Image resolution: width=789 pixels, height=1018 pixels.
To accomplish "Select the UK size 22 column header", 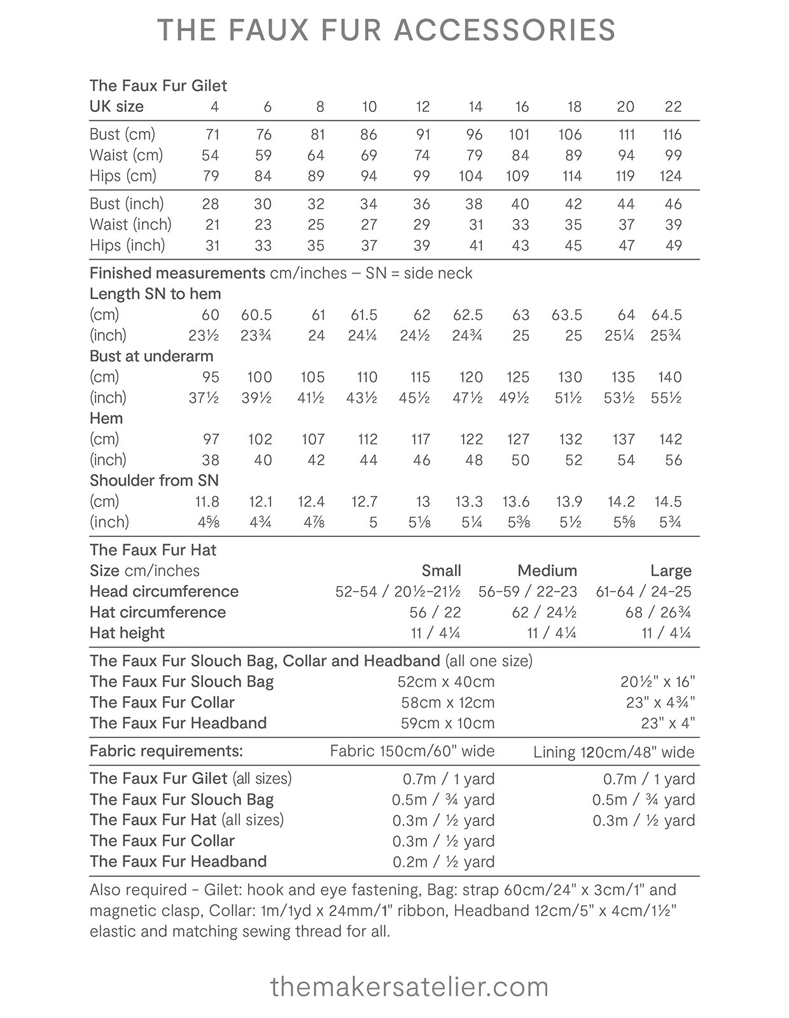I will pos(673,107).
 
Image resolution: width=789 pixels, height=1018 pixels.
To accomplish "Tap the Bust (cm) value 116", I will pos(672,134).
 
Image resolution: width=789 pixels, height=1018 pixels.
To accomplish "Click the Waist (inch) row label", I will pos(130,225).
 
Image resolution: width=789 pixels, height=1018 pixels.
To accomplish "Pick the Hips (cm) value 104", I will pos(470,176).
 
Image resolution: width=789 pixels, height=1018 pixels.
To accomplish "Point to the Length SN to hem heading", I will pos(155,294).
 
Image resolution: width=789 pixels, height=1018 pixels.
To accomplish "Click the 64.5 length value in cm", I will pos(666,315).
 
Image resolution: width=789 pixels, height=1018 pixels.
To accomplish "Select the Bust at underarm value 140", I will pos(670,377).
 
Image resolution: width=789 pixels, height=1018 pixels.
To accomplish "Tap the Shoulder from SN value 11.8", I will pos(207,502).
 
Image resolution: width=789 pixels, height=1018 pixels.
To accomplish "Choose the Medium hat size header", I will pos(547,571).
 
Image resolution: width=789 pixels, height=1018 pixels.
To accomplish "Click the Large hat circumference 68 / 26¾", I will pos(658,613).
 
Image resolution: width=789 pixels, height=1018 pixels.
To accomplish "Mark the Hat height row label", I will pos(127,633).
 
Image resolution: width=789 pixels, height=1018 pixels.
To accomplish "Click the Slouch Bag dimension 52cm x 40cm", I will pos(446,682).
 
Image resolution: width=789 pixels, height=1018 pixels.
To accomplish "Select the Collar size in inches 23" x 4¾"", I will pos(660,703).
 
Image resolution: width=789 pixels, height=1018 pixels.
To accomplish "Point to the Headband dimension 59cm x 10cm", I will pos(447,723).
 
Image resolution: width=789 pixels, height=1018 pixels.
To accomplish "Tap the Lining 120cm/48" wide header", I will pos(614,752).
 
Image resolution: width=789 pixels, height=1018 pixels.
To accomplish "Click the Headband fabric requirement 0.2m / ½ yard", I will pos(443,862).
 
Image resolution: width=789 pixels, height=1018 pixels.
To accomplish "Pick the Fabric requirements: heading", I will pos(166,751).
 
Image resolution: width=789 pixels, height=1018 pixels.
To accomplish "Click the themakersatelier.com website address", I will pos(409,987).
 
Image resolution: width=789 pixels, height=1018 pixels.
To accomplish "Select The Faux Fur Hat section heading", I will pos(153,550).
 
